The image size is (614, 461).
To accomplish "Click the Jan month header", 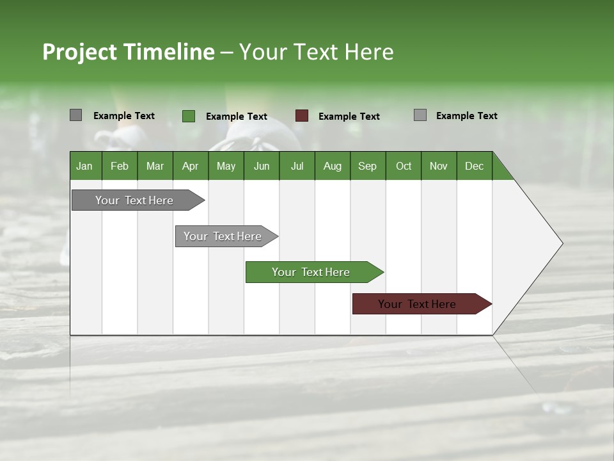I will [84, 166].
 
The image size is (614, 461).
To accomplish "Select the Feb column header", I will [120, 166].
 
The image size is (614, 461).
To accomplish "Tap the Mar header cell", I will [155, 166].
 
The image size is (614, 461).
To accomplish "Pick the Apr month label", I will [190, 166].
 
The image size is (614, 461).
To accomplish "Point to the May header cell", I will [226, 166].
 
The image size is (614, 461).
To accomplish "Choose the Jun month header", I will [262, 166].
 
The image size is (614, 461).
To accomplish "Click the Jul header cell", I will [297, 166].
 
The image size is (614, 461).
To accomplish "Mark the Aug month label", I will [332, 166].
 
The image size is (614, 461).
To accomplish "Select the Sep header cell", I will [367, 166].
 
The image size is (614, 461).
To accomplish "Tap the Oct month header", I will [404, 166].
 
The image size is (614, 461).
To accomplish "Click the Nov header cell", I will [439, 166].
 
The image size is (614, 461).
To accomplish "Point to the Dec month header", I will [474, 166].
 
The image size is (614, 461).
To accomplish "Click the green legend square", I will [188, 116].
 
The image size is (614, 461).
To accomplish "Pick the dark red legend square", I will [302, 116].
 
